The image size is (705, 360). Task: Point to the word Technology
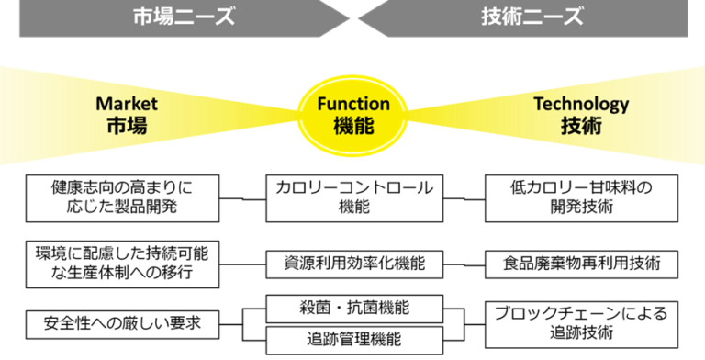(581, 104)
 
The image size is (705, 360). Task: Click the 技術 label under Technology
(581, 126)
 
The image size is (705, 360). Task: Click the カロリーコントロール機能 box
(353, 197)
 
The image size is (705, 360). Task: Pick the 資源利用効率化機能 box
(353, 264)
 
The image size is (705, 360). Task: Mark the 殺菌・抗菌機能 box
(353, 308)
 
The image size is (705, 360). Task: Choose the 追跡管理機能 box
(353, 339)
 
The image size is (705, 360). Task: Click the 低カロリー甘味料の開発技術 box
(581, 197)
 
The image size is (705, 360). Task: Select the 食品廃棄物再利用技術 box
(581, 264)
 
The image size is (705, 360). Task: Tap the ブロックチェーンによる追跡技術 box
(581, 322)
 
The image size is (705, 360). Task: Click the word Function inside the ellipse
(353, 104)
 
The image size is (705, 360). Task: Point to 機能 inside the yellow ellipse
(353, 127)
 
